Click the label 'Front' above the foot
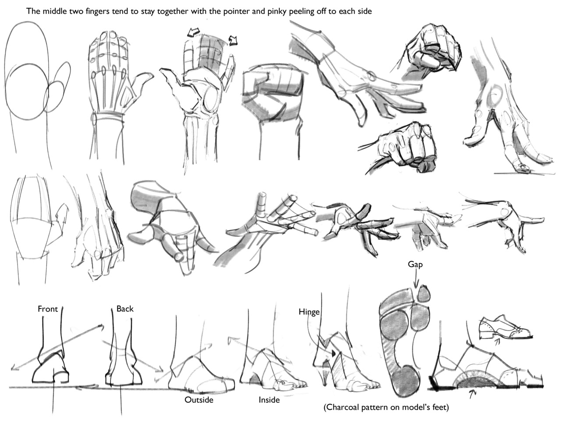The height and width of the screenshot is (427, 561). click(x=48, y=309)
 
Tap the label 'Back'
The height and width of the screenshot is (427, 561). click(x=125, y=308)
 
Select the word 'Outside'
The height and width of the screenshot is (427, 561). click(x=199, y=400)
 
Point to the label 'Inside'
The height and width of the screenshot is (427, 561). click(x=269, y=400)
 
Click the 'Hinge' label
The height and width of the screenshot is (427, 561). click(x=309, y=312)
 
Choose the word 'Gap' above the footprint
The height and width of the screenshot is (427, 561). click(x=415, y=265)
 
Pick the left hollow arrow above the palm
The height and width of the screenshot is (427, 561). click(x=193, y=32)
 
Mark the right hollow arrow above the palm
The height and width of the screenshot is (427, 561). click(x=233, y=40)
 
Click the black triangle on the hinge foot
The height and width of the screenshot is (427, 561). click(x=333, y=353)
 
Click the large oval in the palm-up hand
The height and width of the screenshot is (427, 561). click(x=212, y=99)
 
